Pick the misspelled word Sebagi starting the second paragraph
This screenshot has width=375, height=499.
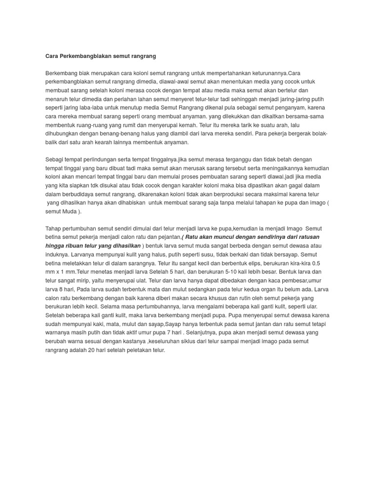(55, 160)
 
